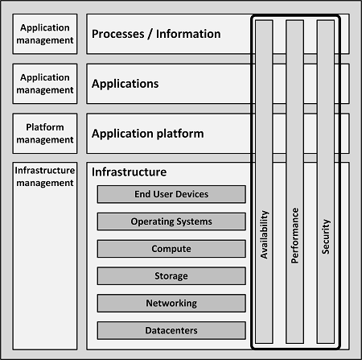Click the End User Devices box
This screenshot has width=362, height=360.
pos(171,194)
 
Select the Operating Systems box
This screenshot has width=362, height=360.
pos(171,221)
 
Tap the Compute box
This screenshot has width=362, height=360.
pos(171,249)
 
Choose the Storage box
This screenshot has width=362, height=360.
pos(171,276)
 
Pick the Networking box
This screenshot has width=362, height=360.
pos(171,303)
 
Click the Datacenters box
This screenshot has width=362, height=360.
pos(171,330)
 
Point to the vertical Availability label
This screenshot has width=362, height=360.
pos(264,234)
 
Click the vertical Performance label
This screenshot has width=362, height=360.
pos(294,235)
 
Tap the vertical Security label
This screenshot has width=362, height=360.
pos(326,237)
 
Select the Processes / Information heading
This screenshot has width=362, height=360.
pos(156,34)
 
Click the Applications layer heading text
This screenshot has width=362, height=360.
pos(125,84)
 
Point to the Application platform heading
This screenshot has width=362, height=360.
pos(148,134)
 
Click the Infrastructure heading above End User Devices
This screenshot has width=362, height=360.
pos(129,172)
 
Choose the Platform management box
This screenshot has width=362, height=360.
pos(45,134)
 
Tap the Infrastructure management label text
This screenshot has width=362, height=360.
pos(45,176)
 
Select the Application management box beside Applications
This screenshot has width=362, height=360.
pos(45,84)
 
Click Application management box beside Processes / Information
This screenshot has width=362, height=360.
pos(45,34)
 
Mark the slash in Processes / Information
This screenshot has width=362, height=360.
pos(150,35)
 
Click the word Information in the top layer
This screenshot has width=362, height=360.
pos(188,34)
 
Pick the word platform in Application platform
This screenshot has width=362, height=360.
pos(180,134)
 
